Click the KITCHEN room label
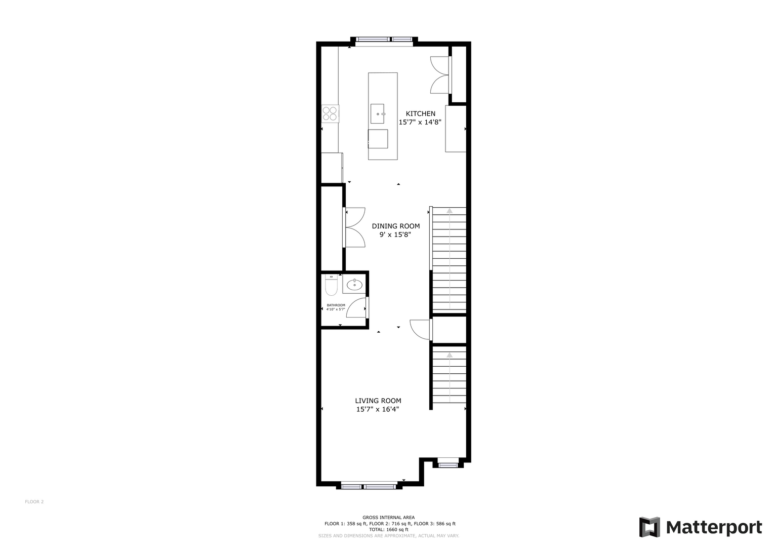420,113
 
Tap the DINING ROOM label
396,226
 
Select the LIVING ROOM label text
378,401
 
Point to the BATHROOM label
336,305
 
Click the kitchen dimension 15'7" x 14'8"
420,122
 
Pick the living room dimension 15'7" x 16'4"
378,410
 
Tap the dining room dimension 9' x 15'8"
395,235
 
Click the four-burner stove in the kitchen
330,114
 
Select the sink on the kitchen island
378,113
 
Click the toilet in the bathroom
331,285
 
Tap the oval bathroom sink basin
354,285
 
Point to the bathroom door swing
356,307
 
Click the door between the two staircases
420,330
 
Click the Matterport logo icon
649,527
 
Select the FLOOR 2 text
34,502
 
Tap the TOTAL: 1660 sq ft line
389,529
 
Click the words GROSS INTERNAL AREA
389,517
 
